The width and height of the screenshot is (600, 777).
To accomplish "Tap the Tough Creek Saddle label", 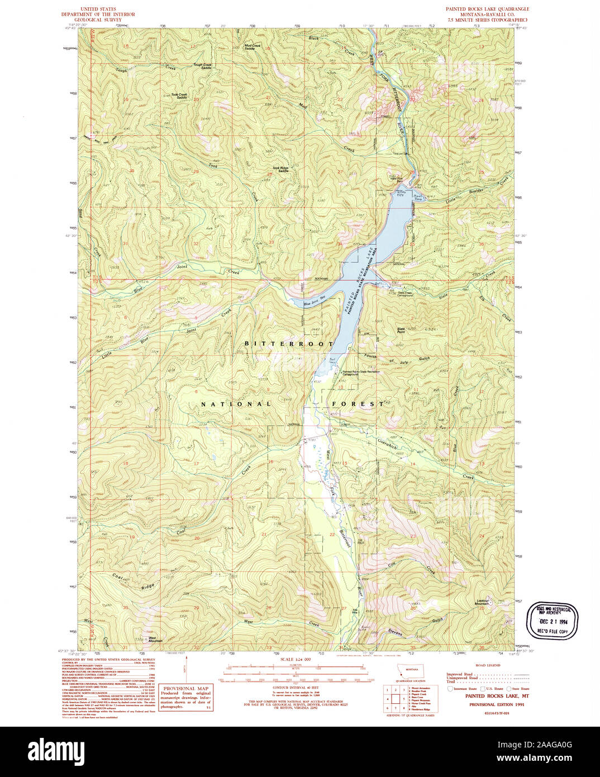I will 202,66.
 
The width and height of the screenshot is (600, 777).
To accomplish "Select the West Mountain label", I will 155,639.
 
